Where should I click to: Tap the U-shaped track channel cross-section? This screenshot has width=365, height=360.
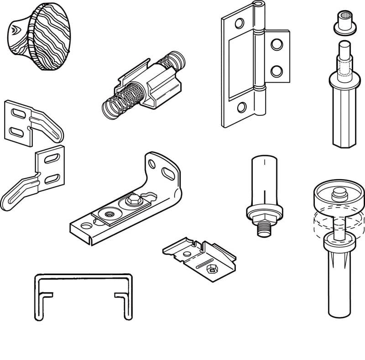point(83,297)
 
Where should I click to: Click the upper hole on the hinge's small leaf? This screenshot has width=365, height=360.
point(276,45)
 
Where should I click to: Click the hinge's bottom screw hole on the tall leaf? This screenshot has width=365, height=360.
point(241,108)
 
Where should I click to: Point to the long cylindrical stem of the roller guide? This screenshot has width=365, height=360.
point(340,283)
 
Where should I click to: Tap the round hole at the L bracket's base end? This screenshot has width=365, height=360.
point(86,225)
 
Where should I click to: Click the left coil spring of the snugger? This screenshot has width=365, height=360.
point(118,103)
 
